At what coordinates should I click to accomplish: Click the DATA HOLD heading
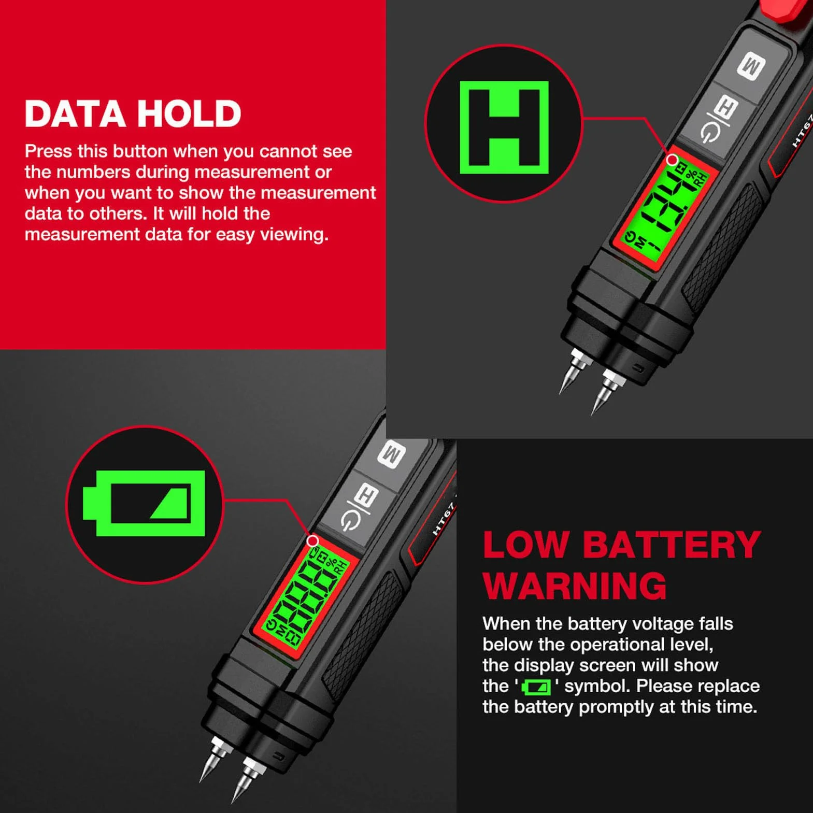coord(133,113)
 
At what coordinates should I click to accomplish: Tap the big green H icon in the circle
coord(504,127)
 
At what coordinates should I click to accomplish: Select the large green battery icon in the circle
coord(144,503)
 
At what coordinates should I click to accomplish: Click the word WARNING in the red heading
coord(575,586)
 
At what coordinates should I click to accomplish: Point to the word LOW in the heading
coord(526,545)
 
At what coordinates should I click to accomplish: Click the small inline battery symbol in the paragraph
coord(536,687)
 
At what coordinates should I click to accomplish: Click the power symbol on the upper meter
coord(710,134)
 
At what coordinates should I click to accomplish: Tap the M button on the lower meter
coord(392,454)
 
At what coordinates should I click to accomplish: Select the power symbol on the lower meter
coord(351,521)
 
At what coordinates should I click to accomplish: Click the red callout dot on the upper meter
coord(672,160)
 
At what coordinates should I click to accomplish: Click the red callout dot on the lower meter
coord(313,541)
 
